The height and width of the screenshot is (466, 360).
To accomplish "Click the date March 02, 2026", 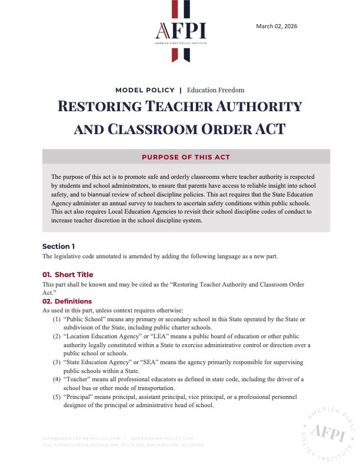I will (x=277, y=25).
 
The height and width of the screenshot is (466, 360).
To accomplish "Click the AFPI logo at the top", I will (x=180, y=31).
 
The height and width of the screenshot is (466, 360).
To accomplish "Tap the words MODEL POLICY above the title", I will (x=145, y=90).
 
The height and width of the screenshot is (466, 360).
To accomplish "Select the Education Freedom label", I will (x=215, y=90).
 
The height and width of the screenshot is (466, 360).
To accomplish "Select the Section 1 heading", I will (x=58, y=246).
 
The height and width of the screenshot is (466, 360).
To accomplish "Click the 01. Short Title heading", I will (x=68, y=275).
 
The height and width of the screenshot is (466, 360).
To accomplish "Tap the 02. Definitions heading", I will (x=67, y=301).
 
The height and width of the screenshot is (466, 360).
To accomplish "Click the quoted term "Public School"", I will (x=83, y=319).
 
